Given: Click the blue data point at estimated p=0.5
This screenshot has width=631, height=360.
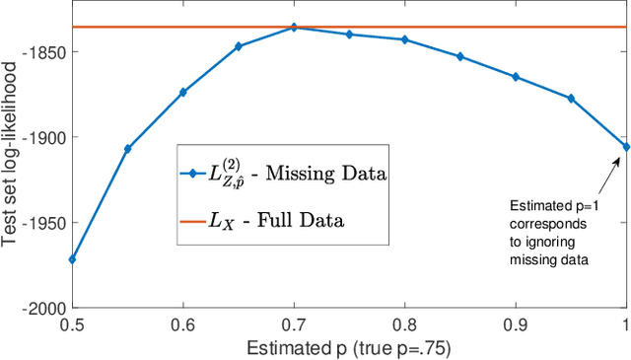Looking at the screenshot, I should coord(72,259).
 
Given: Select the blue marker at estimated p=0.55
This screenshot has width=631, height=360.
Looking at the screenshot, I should coord(127,149).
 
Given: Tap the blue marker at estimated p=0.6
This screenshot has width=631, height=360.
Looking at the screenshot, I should coord(182,92).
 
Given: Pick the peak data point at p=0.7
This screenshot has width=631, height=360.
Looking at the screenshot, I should coord(294,28).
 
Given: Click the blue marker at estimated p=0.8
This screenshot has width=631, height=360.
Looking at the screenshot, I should coord(404,39).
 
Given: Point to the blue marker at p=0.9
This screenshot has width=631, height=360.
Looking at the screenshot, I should coord(516,77).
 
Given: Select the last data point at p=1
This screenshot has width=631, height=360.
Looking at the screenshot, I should coord(625,146).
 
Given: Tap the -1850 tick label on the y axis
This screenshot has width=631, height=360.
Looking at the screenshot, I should coord(43,54).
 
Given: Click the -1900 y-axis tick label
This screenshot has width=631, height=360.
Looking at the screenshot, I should coord(43,138).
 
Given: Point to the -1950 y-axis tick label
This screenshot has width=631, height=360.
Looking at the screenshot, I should coord(43,223).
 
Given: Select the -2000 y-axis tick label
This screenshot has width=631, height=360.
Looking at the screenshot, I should coord(43,308).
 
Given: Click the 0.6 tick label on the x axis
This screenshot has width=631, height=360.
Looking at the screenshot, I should coord(182,324).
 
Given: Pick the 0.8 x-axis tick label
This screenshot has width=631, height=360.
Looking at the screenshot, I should coord(404,324).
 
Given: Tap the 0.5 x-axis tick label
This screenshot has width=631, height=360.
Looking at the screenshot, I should coord(72,324).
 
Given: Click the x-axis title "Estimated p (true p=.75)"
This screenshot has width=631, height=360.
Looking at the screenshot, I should coord(349,346).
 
